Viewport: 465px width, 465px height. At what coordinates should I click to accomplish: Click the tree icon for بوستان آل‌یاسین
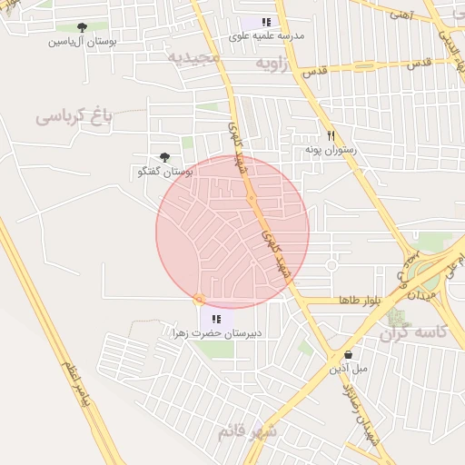(82, 27)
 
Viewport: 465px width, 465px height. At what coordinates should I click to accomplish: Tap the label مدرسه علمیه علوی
(266, 35)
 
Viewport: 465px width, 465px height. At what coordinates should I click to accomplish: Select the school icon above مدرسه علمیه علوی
(266, 22)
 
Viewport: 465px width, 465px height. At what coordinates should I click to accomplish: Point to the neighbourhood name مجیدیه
(193, 57)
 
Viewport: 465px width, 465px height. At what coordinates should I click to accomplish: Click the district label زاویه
(274, 64)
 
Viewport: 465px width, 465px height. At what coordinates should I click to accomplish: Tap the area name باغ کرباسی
(74, 116)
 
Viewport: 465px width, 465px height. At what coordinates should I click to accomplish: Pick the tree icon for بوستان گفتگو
(164, 157)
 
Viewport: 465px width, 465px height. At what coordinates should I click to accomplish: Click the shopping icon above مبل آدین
(348, 355)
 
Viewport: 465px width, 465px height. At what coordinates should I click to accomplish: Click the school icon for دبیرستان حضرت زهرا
(216, 319)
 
